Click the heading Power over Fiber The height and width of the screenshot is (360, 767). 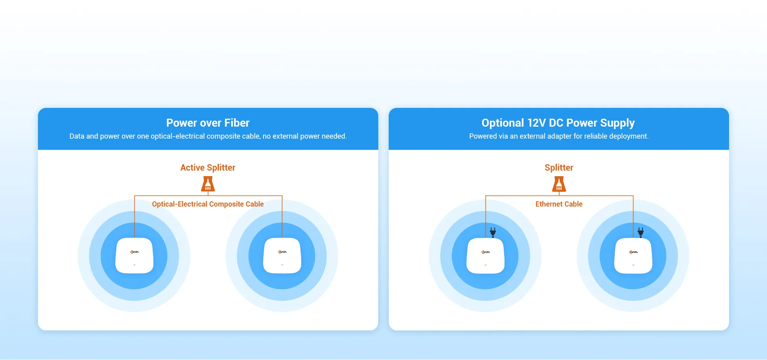pos(208,123)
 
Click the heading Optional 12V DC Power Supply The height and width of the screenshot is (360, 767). pos(558,123)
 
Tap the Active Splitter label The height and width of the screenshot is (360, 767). pos(208,167)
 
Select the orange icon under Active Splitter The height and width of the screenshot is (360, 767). pos(208,184)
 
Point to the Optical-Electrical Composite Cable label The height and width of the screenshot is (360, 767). pos(208,204)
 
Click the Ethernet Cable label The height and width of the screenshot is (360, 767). pos(559,204)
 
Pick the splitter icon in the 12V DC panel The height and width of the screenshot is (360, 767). pos(559,184)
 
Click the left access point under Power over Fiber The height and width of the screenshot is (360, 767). pos(134,256)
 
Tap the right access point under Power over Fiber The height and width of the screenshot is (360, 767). pos(282,256)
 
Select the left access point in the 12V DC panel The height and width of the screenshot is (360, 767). pos(485,256)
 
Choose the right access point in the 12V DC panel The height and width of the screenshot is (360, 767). pos(633,256)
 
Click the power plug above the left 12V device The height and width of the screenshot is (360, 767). pos(493,232)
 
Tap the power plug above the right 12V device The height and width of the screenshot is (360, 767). pos(641,232)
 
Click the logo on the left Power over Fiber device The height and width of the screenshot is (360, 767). pos(135,252)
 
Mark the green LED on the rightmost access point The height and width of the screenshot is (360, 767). pos(633,265)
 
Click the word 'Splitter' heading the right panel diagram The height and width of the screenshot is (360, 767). pos(559,167)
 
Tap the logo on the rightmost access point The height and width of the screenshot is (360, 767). pos(634,252)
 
